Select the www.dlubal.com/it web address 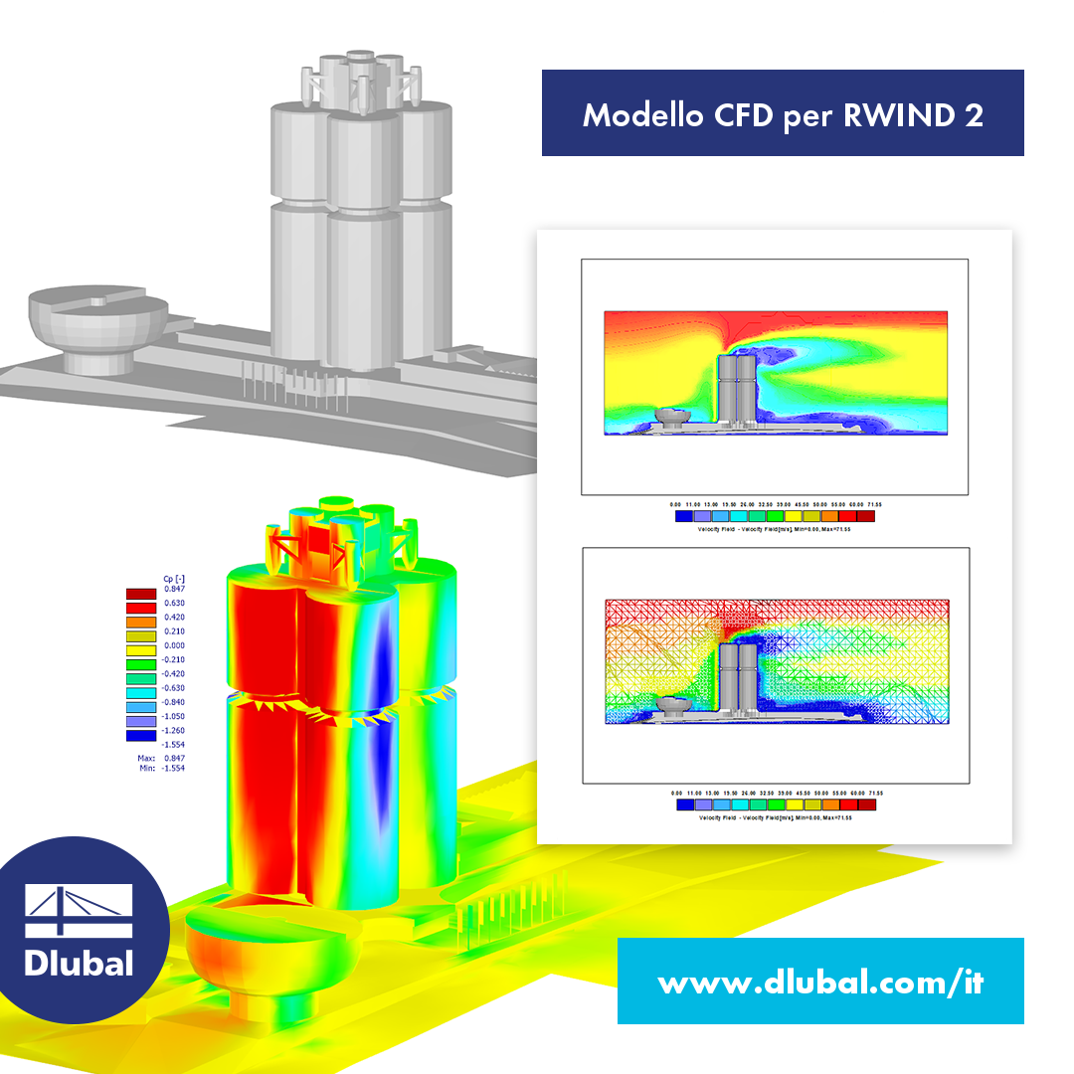click(820, 984)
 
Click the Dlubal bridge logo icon click(79, 910)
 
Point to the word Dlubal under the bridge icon click(79, 963)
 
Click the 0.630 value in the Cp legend click(175, 604)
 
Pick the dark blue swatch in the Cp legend click(140, 736)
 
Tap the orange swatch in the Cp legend click(140, 618)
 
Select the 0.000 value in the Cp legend click(175, 645)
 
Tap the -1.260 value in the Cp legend click(174, 729)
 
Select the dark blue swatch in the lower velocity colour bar click(684, 805)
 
